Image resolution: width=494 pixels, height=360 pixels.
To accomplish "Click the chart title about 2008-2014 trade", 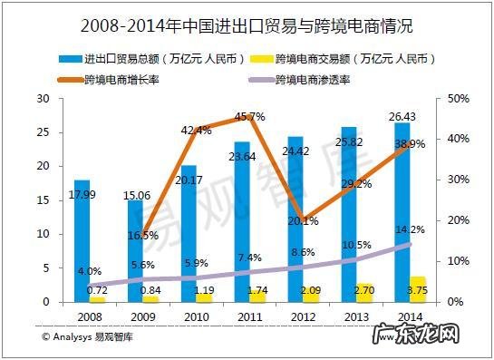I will point(247,19).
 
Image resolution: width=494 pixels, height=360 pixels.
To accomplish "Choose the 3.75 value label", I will point(418,290).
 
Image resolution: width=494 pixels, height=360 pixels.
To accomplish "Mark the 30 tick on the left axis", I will point(42,99).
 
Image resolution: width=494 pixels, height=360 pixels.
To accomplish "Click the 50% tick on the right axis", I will point(458,99).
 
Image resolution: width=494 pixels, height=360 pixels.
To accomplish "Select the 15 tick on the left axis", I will point(42,199).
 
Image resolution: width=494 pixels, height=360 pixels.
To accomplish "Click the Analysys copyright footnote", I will point(86,336).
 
